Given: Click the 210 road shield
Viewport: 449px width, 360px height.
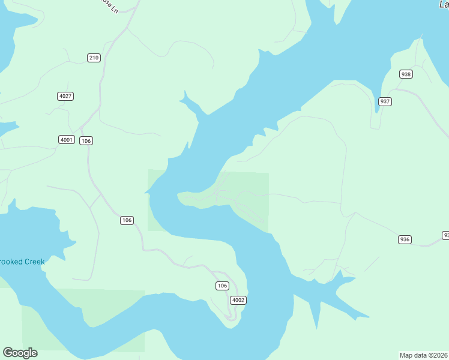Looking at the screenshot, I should [94, 58].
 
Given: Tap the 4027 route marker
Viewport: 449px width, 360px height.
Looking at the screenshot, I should [65, 96].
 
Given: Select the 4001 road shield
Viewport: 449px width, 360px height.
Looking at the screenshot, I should [66, 140].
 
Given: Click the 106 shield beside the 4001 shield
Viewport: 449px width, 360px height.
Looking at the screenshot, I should [86, 140].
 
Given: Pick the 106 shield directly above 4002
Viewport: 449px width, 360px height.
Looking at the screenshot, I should [223, 286].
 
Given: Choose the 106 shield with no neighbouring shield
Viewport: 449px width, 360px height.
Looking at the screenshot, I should [126, 220].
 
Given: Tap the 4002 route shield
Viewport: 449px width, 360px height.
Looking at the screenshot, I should [238, 300].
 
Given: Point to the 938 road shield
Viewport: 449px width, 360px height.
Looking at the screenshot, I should [406, 74].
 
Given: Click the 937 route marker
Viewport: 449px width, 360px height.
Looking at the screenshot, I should [385, 101].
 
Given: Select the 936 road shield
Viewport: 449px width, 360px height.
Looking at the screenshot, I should [405, 239].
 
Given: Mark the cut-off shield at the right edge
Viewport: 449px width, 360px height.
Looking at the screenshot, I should [445, 235].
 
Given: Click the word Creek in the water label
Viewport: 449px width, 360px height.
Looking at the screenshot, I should [34, 262].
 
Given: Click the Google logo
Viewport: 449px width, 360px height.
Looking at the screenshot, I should [20, 353].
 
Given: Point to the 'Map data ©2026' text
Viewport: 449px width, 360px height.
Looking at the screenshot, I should [423, 355].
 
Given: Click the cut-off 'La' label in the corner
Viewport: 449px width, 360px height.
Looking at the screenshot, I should [443, 4].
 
